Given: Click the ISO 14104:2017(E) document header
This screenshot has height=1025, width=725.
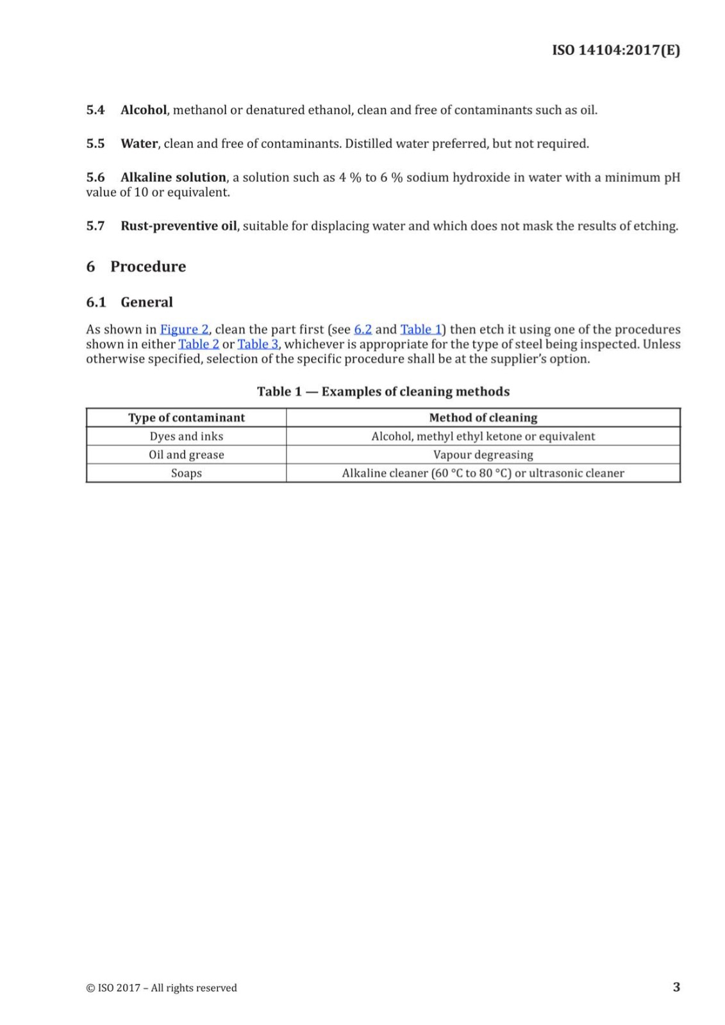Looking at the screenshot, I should point(615,51).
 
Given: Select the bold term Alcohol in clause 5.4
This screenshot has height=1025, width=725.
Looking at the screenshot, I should point(144,110).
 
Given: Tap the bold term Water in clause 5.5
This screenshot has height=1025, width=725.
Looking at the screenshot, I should point(139,143).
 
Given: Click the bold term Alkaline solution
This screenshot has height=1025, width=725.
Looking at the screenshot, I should point(173,177).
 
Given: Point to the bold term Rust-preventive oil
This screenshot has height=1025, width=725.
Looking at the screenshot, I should point(178,226).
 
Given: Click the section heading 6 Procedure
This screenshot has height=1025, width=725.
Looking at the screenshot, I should point(136,266).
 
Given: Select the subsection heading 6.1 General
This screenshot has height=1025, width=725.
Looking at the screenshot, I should point(129,302).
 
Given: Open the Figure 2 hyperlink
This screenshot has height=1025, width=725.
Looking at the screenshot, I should point(184,329).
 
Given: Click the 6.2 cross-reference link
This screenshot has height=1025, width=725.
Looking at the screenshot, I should point(363,329).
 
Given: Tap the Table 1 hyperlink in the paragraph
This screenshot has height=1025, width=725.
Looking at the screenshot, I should point(421,329).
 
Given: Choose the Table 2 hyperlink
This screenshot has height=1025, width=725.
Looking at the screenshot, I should point(199,344).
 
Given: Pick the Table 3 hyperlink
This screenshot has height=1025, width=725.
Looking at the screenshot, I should point(258,344).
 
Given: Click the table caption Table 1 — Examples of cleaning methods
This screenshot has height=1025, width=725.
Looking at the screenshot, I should point(383,391).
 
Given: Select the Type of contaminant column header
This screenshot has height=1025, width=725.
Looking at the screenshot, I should point(187,418).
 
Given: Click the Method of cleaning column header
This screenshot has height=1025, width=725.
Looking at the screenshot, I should point(483,418).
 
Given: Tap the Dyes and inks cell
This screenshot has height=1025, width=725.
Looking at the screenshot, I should point(187,436).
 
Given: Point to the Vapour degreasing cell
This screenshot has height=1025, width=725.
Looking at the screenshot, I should point(483,455).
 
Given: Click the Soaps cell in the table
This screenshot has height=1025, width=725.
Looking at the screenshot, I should point(187,473).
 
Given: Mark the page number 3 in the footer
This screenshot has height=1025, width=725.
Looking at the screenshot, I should point(676,987).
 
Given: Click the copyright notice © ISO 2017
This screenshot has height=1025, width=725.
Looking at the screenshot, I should point(162,988).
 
